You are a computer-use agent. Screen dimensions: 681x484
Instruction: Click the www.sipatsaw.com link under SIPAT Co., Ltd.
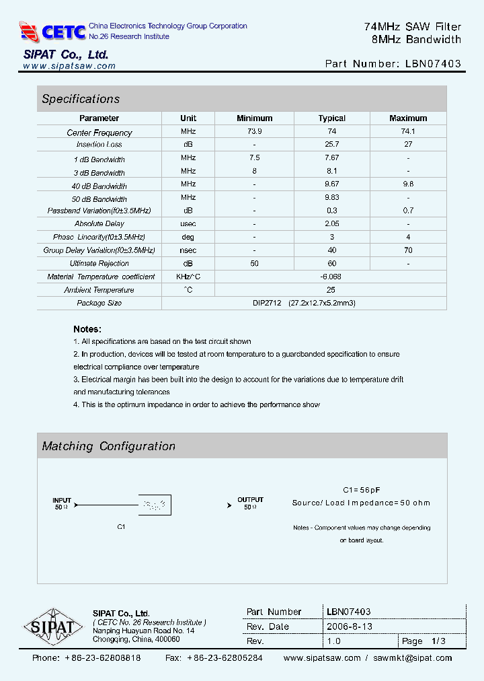pyautogui.click(x=69, y=66)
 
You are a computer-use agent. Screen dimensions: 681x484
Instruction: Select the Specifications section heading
pyautogui.click(x=81, y=99)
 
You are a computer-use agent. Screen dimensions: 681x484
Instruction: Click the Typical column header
pyautogui.click(x=331, y=118)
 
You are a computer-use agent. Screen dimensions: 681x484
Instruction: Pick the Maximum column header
pyautogui.click(x=408, y=118)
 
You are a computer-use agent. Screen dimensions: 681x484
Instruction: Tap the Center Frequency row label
pyautogui.click(x=99, y=133)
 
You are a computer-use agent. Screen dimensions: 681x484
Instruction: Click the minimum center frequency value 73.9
pyautogui.click(x=255, y=131)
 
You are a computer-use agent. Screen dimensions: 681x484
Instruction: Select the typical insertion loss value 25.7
pyautogui.click(x=331, y=145)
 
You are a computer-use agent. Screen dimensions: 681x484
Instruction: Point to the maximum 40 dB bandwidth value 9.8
pyautogui.click(x=408, y=184)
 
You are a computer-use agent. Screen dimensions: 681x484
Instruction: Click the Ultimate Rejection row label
pyautogui.click(x=99, y=263)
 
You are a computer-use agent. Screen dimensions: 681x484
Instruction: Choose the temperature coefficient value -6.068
pyautogui.click(x=331, y=277)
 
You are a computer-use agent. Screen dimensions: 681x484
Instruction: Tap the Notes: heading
pyautogui.click(x=87, y=329)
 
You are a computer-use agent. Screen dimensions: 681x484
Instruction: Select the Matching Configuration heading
pyautogui.click(x=109, y=446)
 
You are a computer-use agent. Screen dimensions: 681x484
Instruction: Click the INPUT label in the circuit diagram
pyautogui.click(x=62, y=500)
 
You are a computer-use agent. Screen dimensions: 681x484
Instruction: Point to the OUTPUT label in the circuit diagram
pyautogui.click(x=250, y=500)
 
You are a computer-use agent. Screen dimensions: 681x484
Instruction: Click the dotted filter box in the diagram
pyautogui.click(x=155, y=505)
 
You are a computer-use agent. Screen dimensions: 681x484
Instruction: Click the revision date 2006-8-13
pyautogui.click(x=350, y=626)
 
